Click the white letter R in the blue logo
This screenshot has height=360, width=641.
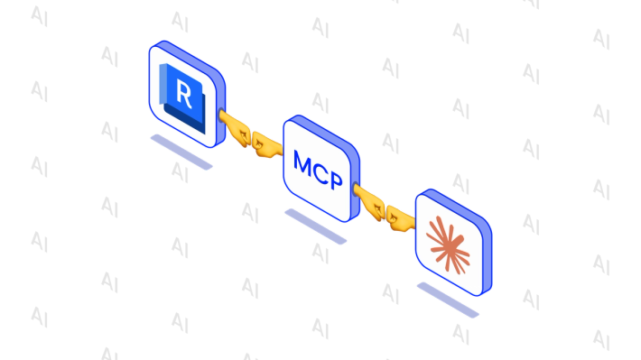(x=183, y=94)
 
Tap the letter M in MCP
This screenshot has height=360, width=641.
(x=303, y=162)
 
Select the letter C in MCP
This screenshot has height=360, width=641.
(x=320, y=172)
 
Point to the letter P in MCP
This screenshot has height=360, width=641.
(x=336, y=180)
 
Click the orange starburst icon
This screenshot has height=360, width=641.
(x=448, y=245)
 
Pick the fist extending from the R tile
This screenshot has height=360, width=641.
(x=235, y=128)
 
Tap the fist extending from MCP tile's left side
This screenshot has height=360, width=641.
(x=266, y=143)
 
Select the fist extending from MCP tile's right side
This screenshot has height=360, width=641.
(x=368, y=202)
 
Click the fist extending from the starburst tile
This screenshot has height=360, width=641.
(x=401, y=217)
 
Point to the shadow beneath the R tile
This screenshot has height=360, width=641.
(x=181, y=152)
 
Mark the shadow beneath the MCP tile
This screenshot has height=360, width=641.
(x=316, y=226)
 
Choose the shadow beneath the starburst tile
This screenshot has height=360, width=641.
(x=448, y=300)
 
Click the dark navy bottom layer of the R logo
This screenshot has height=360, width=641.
(x=185, y=118)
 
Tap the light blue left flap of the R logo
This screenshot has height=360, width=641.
(x=163, y=84)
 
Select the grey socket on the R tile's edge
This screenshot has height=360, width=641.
(x=221, y=115)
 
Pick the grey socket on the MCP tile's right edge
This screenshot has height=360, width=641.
(x=355, y=189)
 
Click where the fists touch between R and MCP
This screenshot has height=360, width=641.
(x=251, y=139)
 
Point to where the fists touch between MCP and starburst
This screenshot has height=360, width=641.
(x=386, y=213)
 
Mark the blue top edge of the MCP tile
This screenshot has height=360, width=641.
(x=323, y=130)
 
